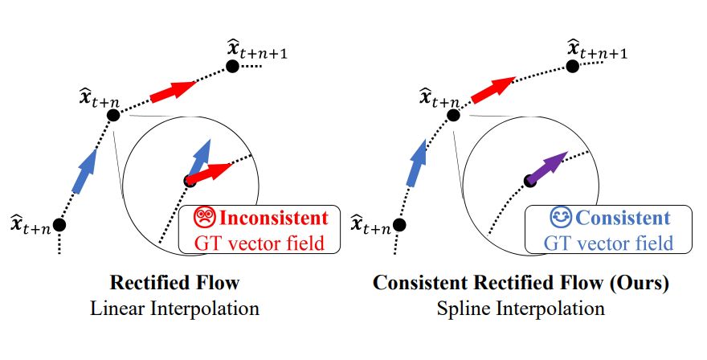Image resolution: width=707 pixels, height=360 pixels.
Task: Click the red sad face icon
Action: point(205,218)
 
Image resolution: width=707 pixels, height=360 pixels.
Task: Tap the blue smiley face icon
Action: point(561,218)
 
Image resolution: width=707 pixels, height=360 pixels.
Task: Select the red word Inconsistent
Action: point(274,218)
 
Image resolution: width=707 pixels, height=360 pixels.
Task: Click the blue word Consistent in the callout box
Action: point(623,218)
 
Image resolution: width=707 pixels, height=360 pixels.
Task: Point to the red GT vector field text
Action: point(260,243)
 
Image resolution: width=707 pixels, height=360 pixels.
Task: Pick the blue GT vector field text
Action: point(608,243)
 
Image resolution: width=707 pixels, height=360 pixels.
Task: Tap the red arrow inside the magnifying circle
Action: point(209,174)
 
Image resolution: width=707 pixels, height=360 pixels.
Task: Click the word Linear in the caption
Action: point(117,309)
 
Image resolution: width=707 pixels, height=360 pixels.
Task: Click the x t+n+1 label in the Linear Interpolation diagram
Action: point(257,50)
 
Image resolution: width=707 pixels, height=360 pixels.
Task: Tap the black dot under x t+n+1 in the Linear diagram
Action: point(232,67)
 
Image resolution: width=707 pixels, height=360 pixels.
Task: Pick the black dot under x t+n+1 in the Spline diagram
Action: point(573,67)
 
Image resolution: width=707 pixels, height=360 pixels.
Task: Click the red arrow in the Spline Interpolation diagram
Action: point(493,90)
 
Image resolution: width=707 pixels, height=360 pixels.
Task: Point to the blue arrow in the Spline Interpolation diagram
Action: point(417,163)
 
